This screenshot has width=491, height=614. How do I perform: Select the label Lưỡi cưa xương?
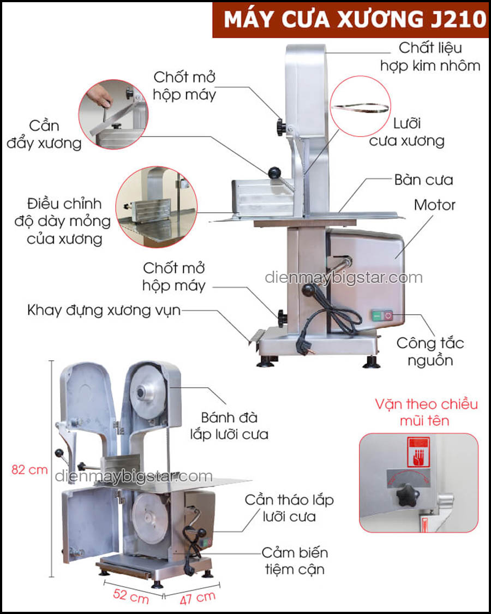point(406,132)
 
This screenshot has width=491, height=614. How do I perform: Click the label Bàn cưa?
point(423,180)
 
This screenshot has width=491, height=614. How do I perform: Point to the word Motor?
point(435,205)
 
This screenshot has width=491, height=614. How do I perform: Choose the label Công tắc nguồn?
point(430,351)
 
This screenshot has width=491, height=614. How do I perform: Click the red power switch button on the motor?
point(388,315)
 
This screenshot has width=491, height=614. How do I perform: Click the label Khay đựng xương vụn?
point(104,311)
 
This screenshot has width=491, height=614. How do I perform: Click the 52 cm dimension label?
point(130,597)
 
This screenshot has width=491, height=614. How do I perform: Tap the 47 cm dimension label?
point(197,598)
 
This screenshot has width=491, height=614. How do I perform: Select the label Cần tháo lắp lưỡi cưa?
point(289,508)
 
